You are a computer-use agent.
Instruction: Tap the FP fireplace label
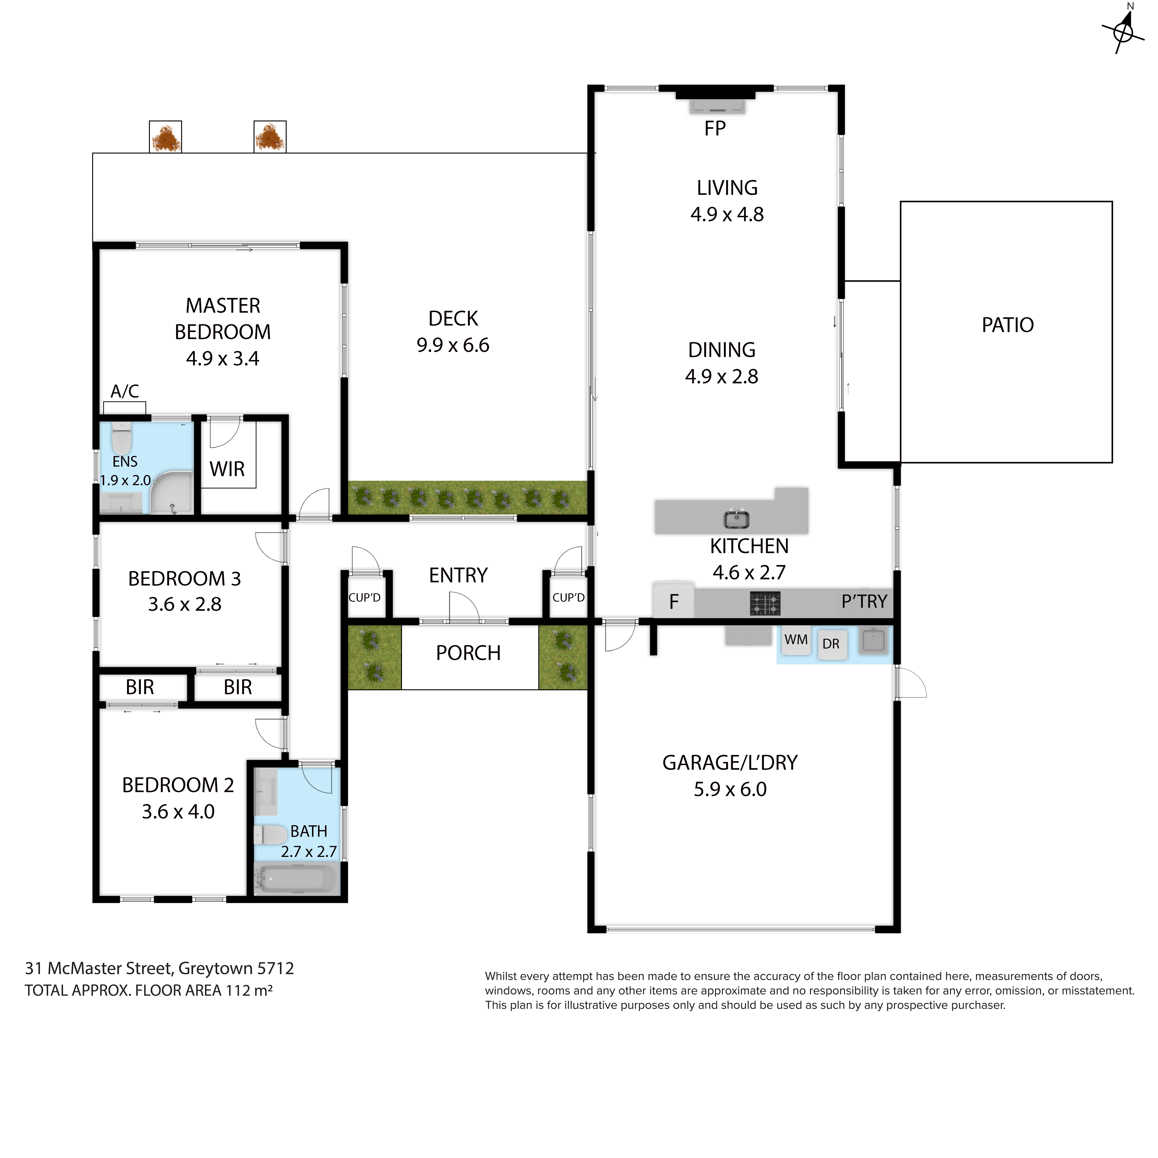click(x=715, y=128)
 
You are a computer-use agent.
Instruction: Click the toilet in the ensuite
click(x=122, y=439)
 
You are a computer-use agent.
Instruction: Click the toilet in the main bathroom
click(x=270, y=834)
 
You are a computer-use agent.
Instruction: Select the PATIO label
click(x=1008, y=325)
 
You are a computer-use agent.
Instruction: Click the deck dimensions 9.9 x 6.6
click(x=453, y=345)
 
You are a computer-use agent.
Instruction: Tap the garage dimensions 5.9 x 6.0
click(x=730, y=789)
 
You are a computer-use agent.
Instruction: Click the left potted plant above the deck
click(x=165, y=137)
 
